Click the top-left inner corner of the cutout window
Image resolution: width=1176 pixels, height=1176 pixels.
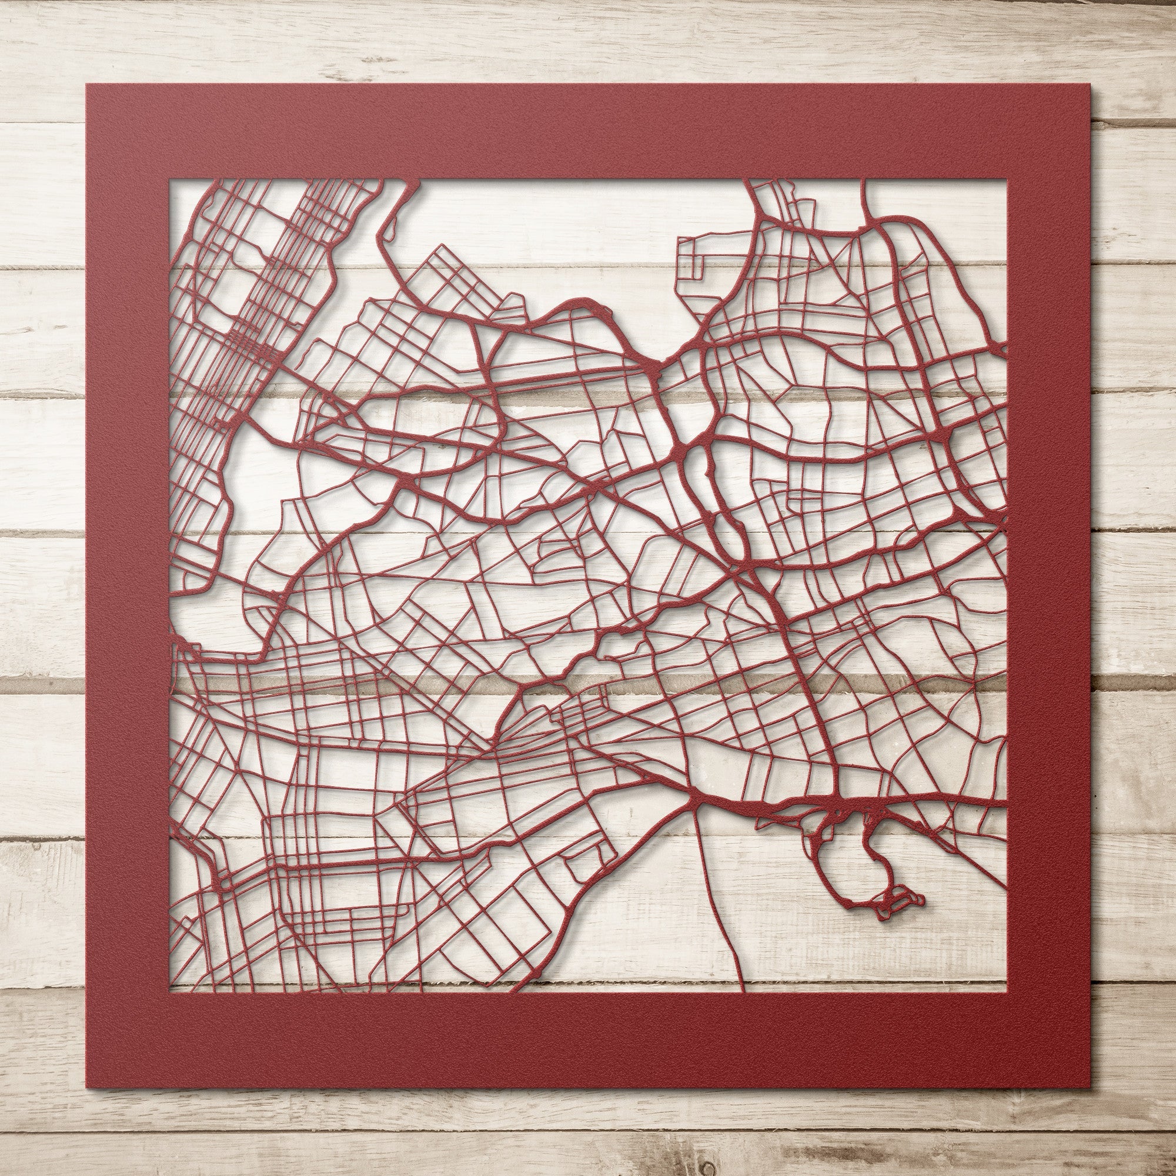pyautogui.click(x=172, y=180)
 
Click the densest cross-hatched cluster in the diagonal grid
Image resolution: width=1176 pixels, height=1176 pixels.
pyautogui.click(x=246, y=341)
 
